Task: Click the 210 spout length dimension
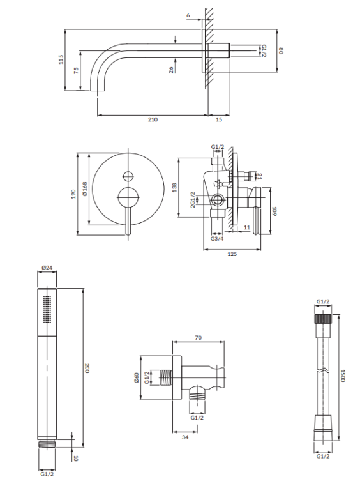point(153,119)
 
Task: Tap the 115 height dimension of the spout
point(61,59)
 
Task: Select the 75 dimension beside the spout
point(77,70)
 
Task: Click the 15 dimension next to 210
point(219,119)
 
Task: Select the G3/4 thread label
point(217,239)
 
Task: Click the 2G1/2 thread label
point(192,202)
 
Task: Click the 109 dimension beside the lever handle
point(275,211)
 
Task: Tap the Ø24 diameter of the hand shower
point(46,268)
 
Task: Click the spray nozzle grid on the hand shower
point(45,309)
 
